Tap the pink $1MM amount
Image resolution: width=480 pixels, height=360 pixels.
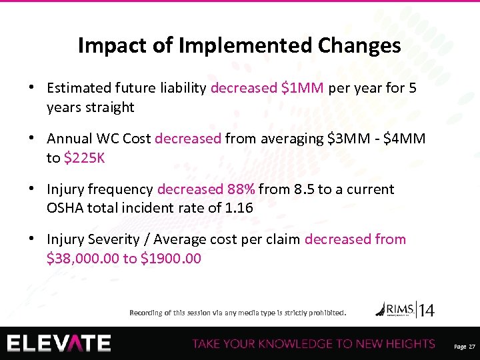[303, 88]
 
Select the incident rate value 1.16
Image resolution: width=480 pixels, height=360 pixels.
[239, 207]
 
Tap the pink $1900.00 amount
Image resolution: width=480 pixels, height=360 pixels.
[171, 257]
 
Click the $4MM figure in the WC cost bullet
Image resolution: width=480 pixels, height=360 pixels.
[407, 139]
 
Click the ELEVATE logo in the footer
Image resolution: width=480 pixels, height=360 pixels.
[59, 343]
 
